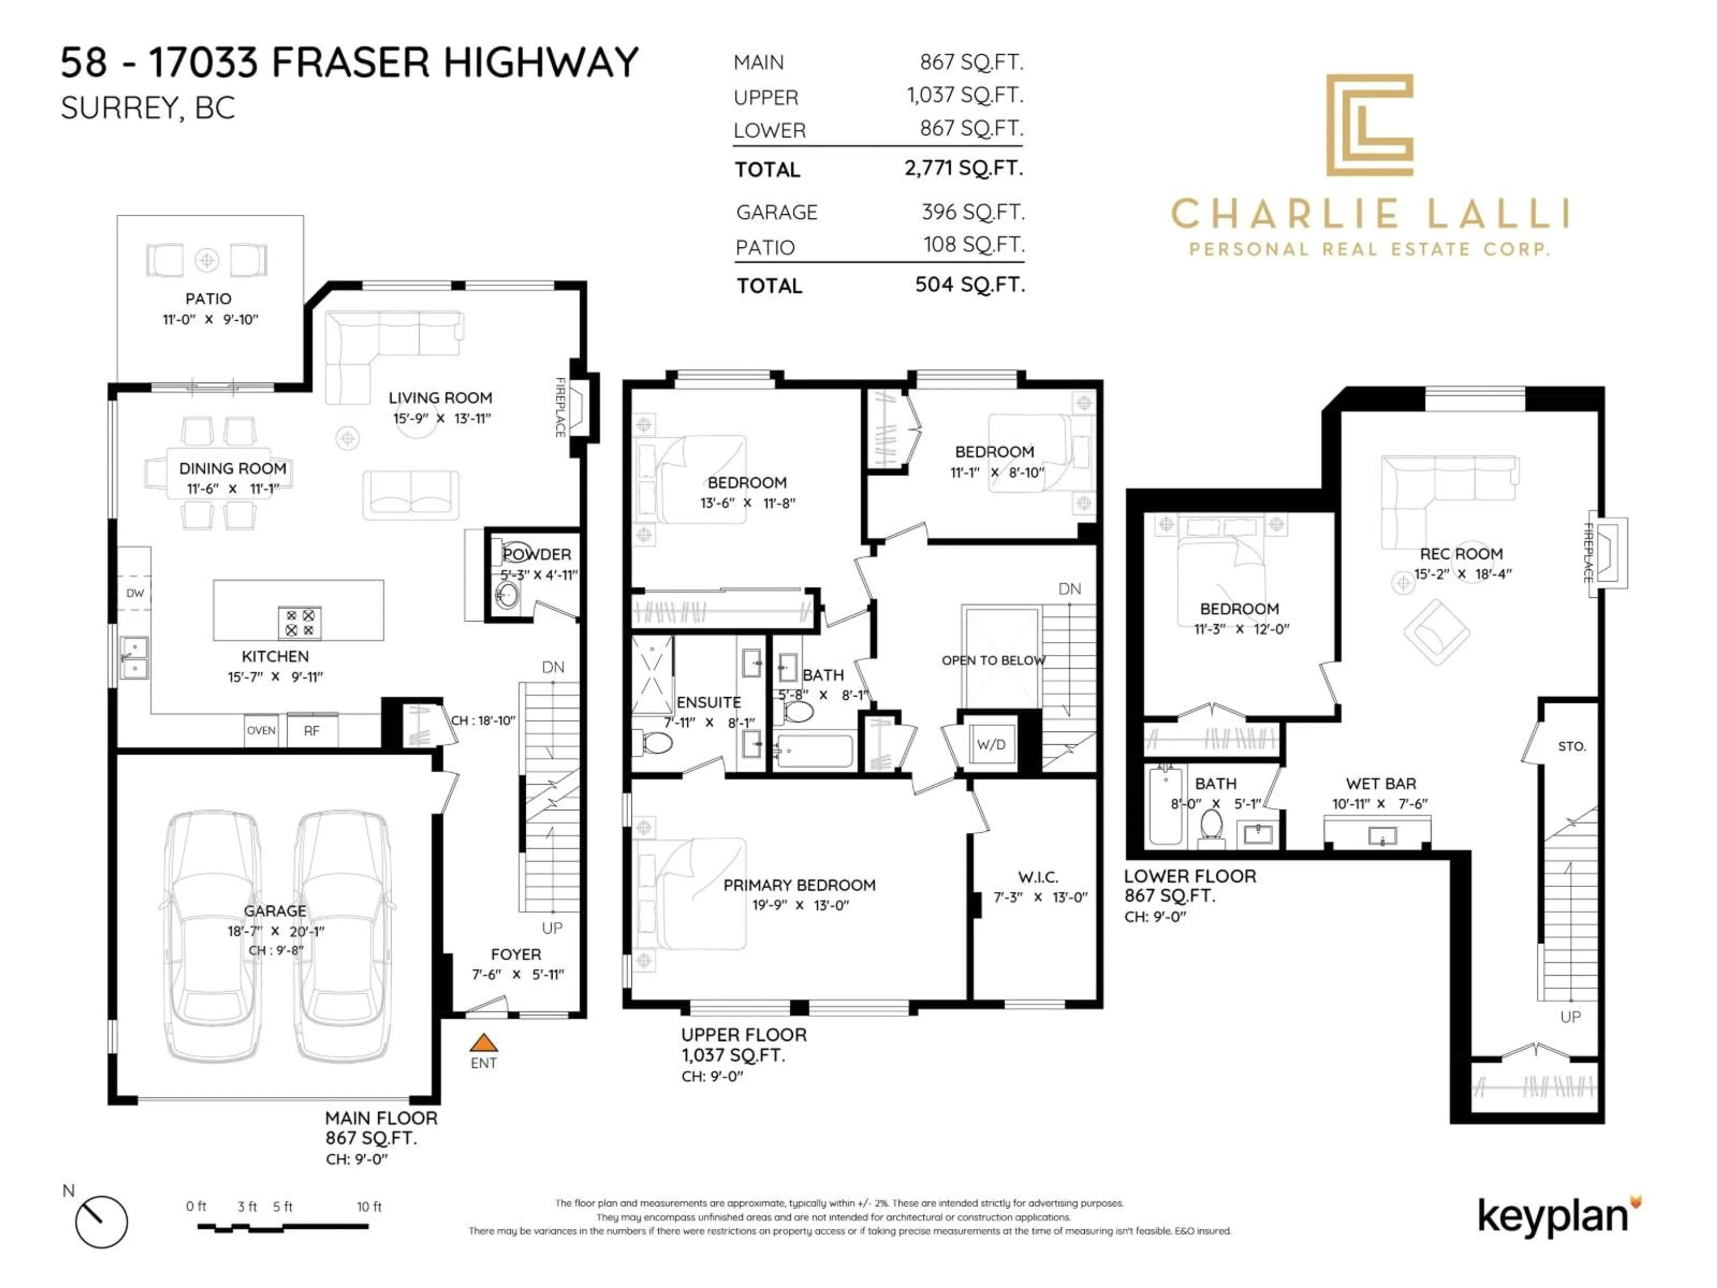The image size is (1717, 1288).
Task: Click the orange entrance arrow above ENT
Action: tap(483, 1042)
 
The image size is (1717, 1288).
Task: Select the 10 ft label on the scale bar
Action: tap(369, 1207)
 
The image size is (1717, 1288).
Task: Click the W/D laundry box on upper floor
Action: tap(990, 745)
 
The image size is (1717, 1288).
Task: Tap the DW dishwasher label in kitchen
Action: tap(135, 593)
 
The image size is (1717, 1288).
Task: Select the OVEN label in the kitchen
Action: tap(261, 731)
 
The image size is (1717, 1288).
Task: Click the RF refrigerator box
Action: tap(311, 731)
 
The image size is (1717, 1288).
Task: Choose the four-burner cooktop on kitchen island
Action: tap(300, 623)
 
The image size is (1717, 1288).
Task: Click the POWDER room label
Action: tap(537, 554)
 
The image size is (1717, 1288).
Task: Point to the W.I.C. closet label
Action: tap(1038, 877)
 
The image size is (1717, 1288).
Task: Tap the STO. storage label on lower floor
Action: tap(1571, 746)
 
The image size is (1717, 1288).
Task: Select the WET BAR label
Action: tap(1380, 784)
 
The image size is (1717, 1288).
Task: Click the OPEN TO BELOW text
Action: tap(993, 661)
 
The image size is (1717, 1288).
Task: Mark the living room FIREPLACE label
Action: tap(560, 407)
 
